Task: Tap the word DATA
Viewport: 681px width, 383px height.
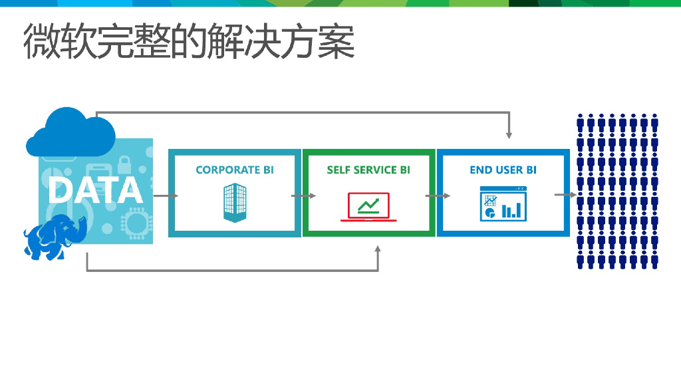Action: [x=96, y=190]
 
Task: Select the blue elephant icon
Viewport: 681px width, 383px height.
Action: [x=54, y=236]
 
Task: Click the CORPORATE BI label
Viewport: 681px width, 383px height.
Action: [x=235, y=170]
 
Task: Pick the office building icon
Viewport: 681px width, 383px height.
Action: [x=234, y=203]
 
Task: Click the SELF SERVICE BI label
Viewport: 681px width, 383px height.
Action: [x=368, y=170]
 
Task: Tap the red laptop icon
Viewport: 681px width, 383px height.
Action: [x=368, y=207]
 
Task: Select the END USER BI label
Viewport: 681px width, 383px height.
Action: [x=503, y=170]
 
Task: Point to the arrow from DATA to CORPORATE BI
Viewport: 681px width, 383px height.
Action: [x=166, y=195]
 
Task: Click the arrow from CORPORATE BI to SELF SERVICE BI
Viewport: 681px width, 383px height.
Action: [x=303, y=195]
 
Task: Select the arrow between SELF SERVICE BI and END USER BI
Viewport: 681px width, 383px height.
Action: [x=438, y=195]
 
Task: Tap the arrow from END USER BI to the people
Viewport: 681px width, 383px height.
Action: [x=565, y=195]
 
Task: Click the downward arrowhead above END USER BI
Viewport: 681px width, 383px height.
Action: [x=509, y=134]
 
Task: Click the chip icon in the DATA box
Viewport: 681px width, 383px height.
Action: [x=136, y=221]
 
